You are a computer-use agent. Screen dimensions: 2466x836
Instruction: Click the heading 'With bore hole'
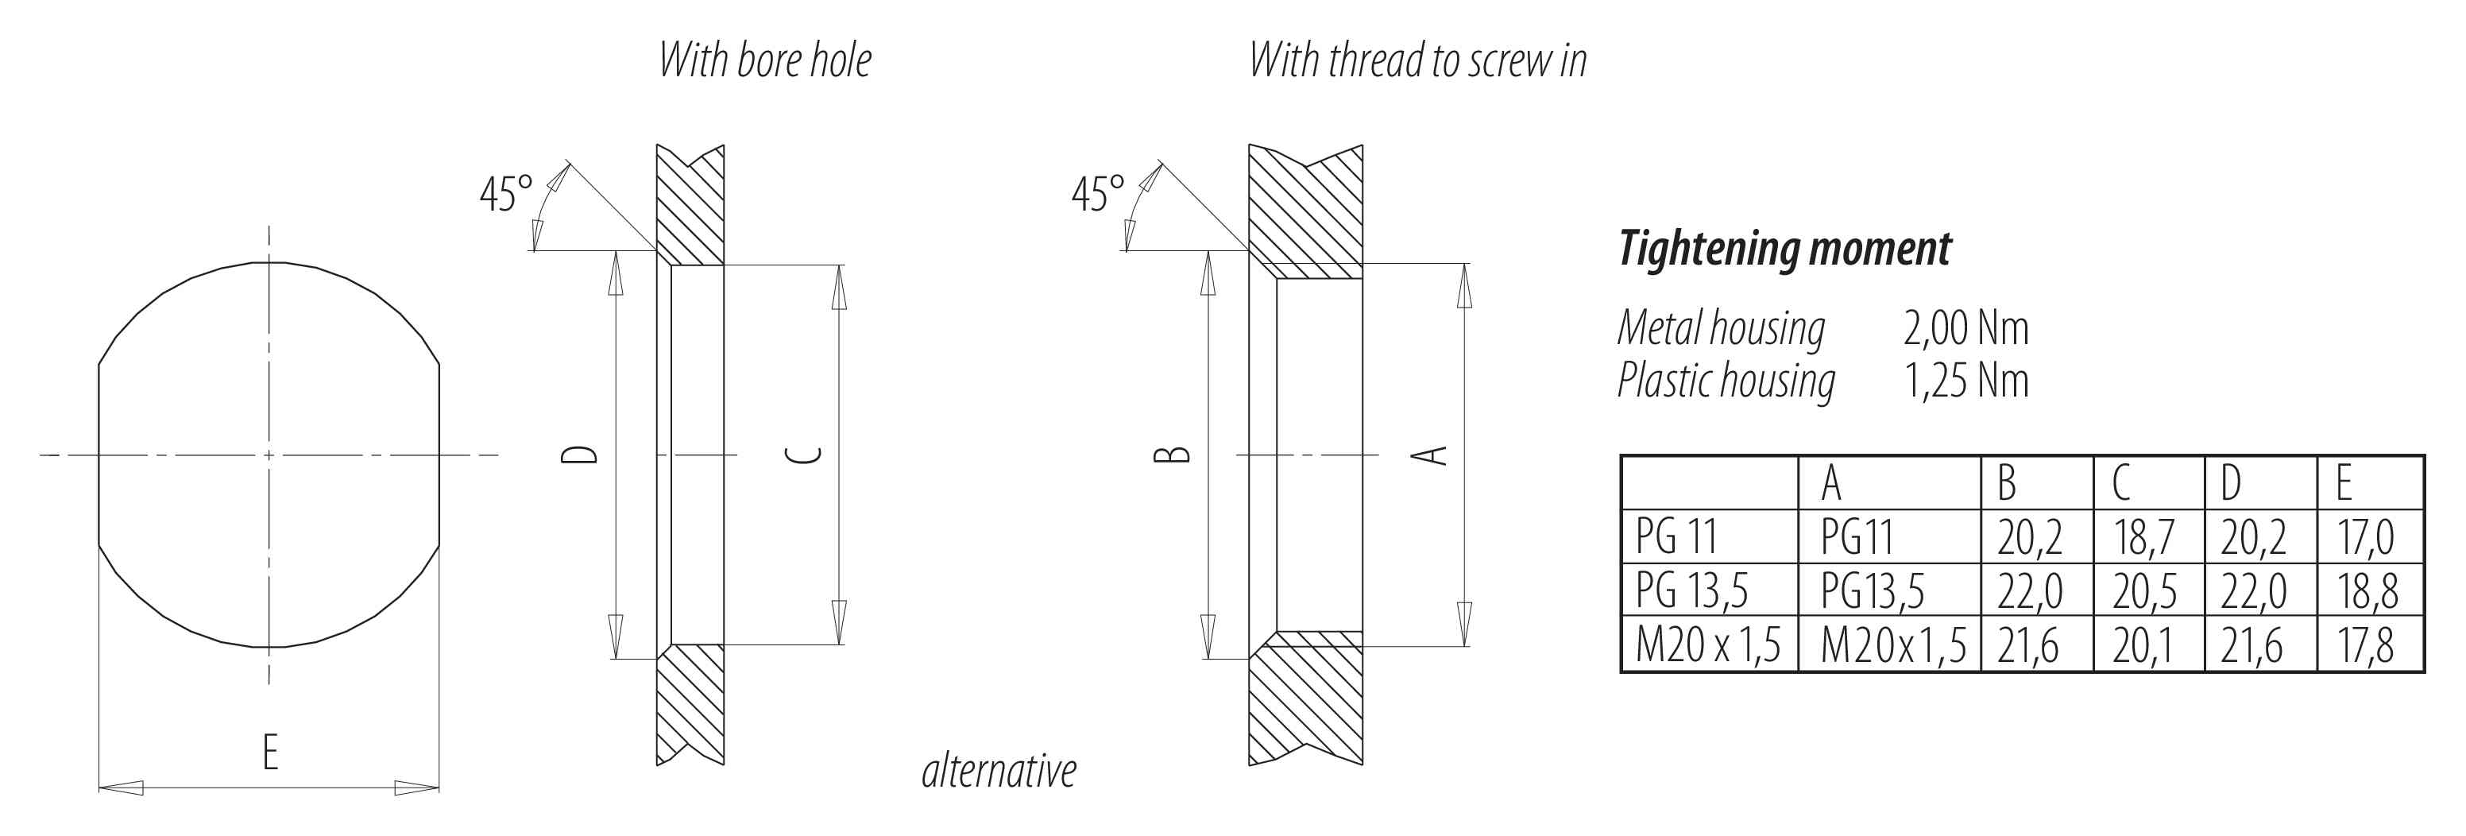tap(765, 60)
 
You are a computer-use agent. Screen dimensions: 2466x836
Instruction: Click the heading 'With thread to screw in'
tap(1418, 60)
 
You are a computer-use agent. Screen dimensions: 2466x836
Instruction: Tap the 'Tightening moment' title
tap(1784, 249)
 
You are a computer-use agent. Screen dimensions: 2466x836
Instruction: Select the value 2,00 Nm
tap(1965, 328)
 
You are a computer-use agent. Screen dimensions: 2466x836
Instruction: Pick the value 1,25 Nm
tap(1965, 381)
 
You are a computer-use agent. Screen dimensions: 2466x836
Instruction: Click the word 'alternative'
tap(999, 771)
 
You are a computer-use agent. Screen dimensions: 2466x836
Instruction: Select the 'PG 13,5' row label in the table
tap(1691, 590)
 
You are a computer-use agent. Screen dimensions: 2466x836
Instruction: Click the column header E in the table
tap(2344, 482)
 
